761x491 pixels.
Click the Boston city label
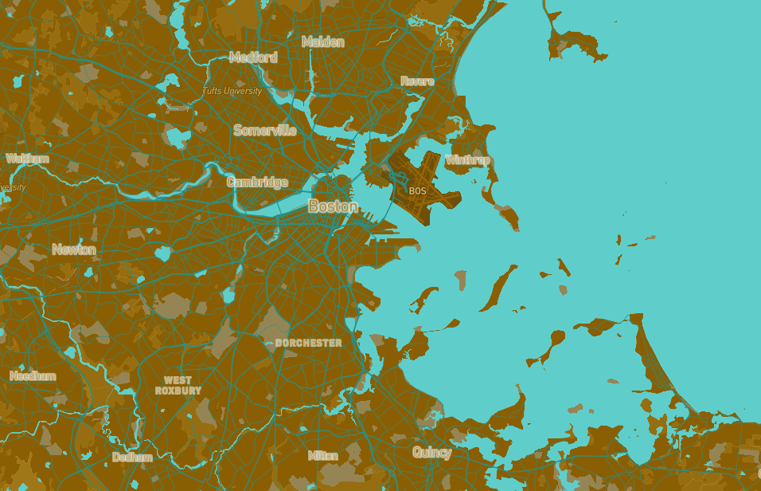333,206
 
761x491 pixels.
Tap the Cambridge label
257,182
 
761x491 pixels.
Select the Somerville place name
264,130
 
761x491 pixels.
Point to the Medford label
253,57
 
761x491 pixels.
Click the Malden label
322,41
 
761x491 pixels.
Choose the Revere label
417,81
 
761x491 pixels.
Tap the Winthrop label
467,160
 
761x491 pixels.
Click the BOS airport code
417,191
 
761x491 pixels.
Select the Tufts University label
232,91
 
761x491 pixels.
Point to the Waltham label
28,159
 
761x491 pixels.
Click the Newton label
74,249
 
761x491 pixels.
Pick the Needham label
33,376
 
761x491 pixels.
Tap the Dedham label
132,458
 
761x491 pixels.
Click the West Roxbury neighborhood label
178,386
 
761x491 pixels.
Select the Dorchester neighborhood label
308,343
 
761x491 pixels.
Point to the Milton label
322,456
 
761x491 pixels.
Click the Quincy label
431,453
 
